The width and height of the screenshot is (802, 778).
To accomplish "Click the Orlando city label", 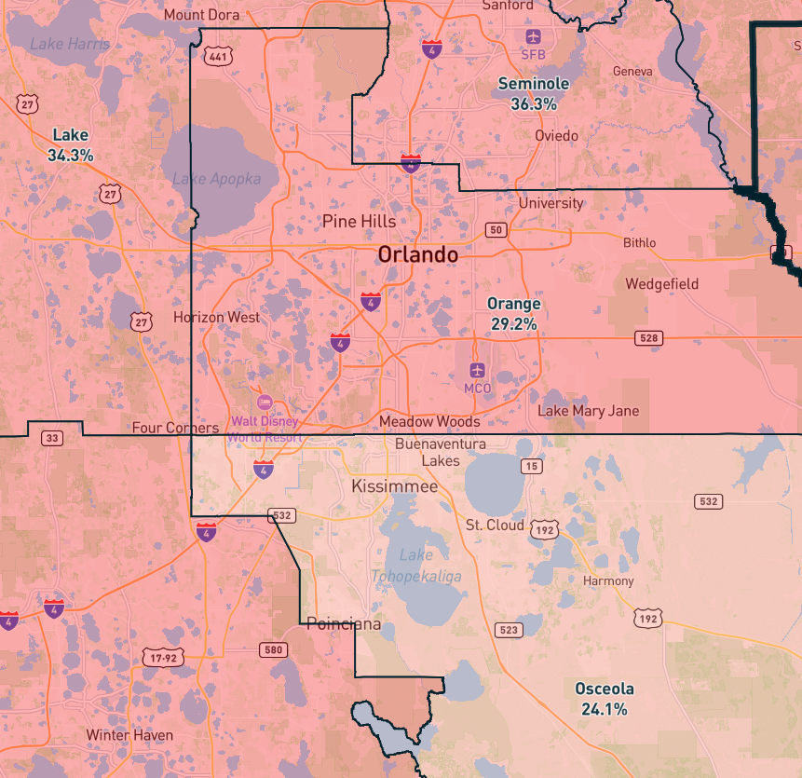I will pyautogui.click(x=417, y=254).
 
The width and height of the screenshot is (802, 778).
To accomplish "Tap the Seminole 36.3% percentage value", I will pyautogui.click(x=534, y=104).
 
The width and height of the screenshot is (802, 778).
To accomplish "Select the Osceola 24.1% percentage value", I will pyautogui.click(x=605, y=709).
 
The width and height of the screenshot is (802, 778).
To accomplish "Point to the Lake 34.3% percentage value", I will pyautogui.click(x=71, y=156).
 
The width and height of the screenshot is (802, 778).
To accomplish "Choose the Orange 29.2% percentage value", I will pyautogui.click(x=513, y=324).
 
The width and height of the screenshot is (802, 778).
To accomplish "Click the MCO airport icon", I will pyautogui.click(x=477, y=371).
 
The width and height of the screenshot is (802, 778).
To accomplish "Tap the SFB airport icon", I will pyautogui.click(x=533, y=36).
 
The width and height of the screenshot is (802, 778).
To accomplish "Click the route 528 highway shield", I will pyautogui.click(x=648, y=337).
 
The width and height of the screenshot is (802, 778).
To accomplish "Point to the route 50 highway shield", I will pyautogui.click(x=496, y=229).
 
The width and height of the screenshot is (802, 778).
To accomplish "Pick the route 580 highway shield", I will pyautogui.click(x=273, y=648).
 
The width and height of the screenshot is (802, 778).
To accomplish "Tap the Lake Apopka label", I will pyautogui.click(x=217, y=179).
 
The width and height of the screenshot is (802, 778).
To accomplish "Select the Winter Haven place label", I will pyautogui.click(x=129, y=735).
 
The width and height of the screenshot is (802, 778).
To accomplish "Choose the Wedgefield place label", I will pyautogui.click(x=662, y=283).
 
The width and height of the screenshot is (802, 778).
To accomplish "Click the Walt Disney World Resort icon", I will pyautogui.click(x=265, y=402).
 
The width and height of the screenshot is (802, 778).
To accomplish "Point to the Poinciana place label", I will pyautogui.click(x=344, y=624).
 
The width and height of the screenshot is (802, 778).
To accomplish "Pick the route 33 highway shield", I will pyautogui.click(x=53, y=438).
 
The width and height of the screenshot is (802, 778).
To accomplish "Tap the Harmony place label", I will pyautogui.click(x=607, y=580).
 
